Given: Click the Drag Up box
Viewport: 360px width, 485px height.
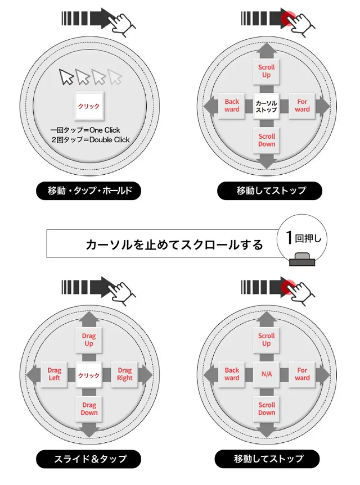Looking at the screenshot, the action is point(89,340).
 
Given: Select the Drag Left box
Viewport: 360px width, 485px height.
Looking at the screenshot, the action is point(54,374).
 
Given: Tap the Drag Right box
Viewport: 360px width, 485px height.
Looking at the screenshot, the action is point(124,374).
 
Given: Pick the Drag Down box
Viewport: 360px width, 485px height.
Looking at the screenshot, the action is point(89,409).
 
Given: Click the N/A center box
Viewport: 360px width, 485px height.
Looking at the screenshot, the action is point(267,374).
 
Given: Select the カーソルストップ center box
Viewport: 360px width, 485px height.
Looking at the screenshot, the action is point(267,106).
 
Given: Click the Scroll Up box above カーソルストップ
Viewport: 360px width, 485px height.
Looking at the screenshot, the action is point(267,71).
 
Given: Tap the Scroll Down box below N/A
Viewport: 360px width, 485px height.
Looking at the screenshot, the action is point(267,409).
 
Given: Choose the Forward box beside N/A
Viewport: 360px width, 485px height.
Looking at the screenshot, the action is point(302,374).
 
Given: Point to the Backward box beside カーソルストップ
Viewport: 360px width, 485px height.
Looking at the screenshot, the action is point(232,106).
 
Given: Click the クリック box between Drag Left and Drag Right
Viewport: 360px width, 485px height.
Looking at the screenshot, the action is point(89,375).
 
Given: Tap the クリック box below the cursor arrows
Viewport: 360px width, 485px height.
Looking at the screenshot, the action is point(89,106).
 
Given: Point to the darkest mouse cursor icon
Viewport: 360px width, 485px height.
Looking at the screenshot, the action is point(66,77).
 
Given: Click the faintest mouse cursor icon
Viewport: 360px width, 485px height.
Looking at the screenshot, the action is point(115,77).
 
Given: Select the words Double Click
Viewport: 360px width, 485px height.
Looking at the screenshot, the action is point(109,140).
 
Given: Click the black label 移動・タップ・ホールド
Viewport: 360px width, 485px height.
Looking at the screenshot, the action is point(89,191).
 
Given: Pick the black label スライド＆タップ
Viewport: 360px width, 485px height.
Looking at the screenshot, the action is point(89,459).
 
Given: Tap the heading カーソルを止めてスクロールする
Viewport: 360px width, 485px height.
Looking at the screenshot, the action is point(174,244).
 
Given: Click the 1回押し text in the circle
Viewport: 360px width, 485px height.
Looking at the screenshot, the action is point(303,238).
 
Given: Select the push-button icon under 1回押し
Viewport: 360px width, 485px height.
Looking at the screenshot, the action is point(302,260).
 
